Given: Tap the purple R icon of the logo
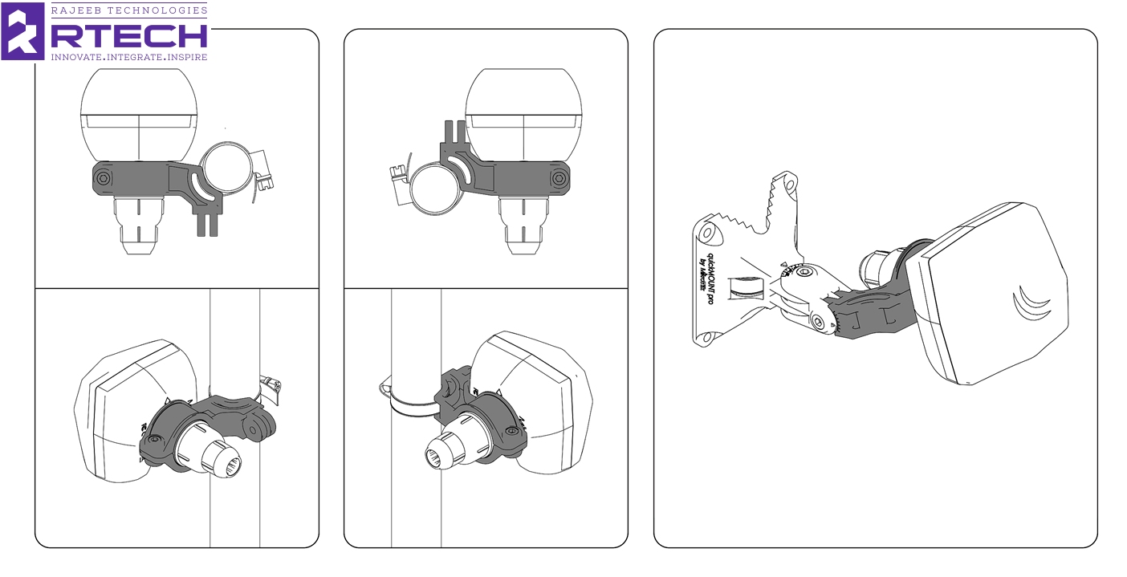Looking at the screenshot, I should click(23, 31).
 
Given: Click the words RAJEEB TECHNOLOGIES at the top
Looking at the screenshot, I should click(128, 10).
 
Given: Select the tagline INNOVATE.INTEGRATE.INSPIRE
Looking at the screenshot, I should click(128, 57).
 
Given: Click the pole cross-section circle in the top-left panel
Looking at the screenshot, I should click(226, 169).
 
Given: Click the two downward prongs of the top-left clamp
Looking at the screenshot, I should click(206, 223).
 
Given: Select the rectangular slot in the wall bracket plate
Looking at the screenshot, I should click(740, 287).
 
